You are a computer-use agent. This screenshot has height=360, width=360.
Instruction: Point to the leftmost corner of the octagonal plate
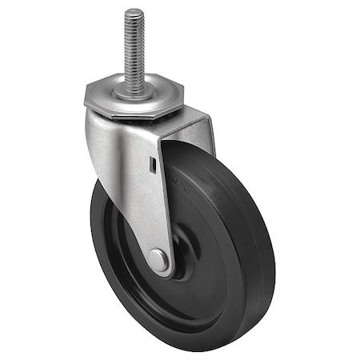point(83,102)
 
